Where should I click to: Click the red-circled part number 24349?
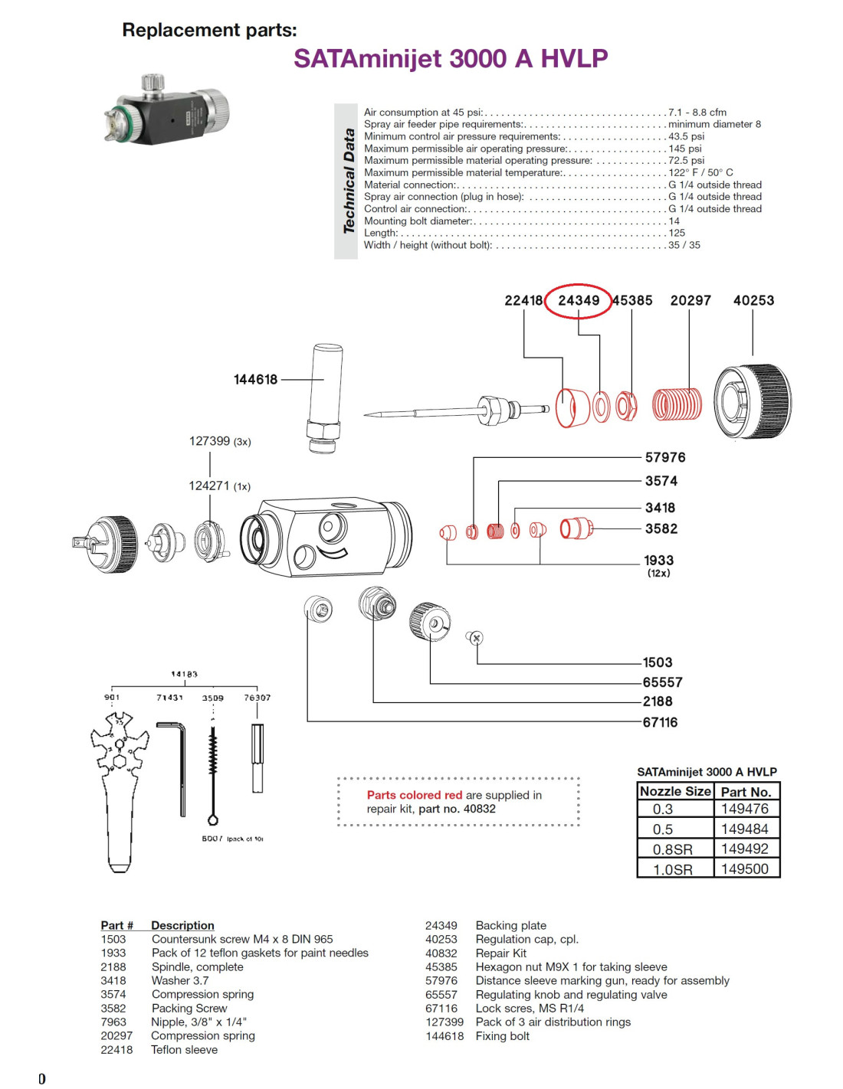click(579, 300)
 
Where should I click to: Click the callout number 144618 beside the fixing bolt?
click(255, 379)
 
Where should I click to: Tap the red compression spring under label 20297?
click(677, 404)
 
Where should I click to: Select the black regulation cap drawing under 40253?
click(752, 401)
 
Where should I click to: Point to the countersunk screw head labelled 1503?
click(476, 637)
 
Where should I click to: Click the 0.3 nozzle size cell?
click(663, 809)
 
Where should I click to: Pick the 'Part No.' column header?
click(745, 792)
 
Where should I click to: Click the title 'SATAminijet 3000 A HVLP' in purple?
click(451, 58)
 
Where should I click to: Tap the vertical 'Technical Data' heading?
click(349, 181)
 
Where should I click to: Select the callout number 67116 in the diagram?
click(660, 722)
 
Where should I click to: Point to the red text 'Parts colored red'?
click(414, 795)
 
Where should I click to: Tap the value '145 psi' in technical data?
click(685, 149)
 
